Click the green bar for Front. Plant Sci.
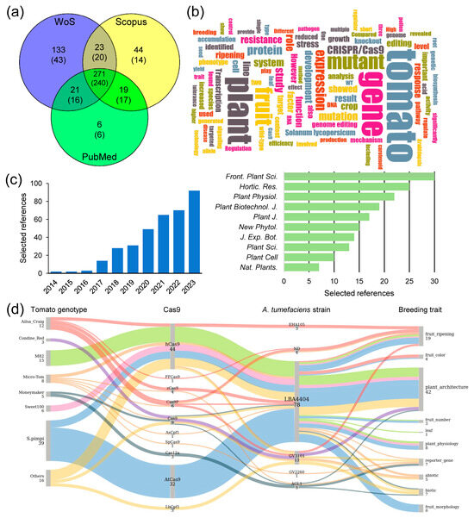359,177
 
